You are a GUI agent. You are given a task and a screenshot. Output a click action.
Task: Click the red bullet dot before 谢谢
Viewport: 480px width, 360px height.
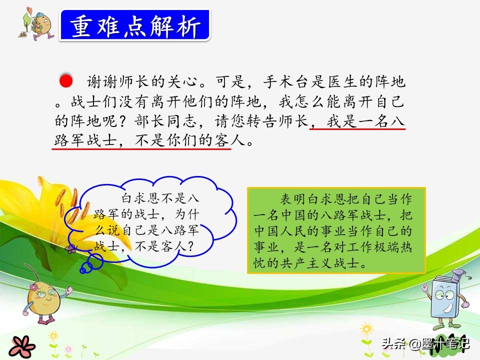click(x=66, y=81)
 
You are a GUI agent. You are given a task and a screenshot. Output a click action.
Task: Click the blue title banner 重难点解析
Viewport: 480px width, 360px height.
click(x=135, y=25)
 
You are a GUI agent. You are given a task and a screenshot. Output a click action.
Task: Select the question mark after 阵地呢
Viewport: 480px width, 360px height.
click(x=122, y=121)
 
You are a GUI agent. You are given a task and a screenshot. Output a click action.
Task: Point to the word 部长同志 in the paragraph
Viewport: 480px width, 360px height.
click(x=165, y=121)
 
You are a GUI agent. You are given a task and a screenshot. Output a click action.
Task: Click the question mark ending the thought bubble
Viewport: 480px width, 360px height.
click(x=190, y=246)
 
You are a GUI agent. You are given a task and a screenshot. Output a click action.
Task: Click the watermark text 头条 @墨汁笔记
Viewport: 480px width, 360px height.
click(x=425, y=343)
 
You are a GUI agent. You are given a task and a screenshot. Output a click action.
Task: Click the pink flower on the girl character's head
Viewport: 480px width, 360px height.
click(x=33, y=287)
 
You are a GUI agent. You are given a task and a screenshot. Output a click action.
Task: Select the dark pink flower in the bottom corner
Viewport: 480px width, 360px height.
click(x=22, y=347)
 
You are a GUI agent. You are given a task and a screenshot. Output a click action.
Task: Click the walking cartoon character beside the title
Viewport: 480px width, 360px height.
click(x=36, y=24)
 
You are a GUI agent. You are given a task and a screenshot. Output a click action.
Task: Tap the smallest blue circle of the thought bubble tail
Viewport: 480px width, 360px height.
click(x=82, y=269)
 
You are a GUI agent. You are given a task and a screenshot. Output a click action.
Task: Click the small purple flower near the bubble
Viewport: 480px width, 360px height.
click(x=71, y=249)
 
